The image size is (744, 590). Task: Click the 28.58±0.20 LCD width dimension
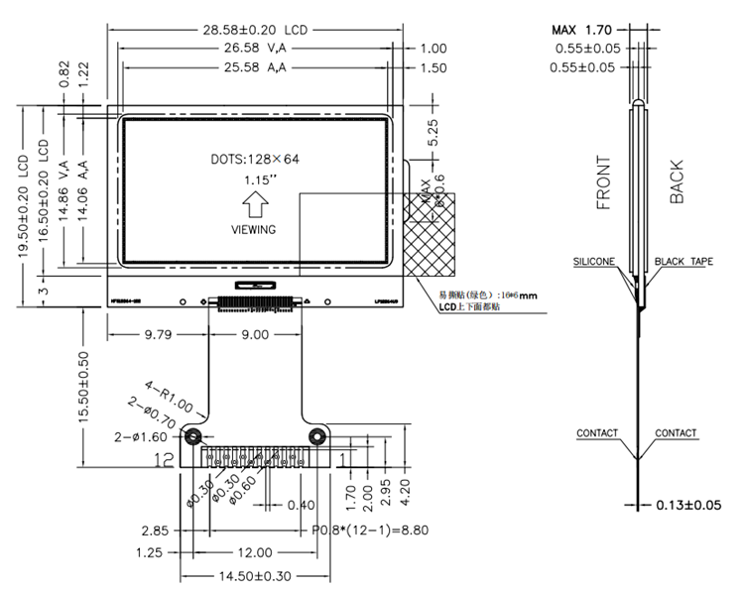pyautogui.click(x=255, y=29)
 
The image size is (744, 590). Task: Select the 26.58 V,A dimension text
pyautogui.click(x=254, y=48)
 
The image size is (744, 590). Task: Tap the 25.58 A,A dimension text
pyautogui.click(x=255, y=67)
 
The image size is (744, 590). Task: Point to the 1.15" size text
pyautogui.click(x=255, y=181)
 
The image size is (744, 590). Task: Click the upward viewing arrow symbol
pyautogui.click(x=255, y=205)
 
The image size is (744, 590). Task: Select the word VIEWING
pyautogui.click(x=254, y=229)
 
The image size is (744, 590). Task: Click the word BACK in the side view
pyautogui.click(x=677, y=182)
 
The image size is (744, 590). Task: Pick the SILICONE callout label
pyautogui.click(x=593, y=262)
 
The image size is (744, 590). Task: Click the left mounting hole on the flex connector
pyautogui.click(x=193, y=437)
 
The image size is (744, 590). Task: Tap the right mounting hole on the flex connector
pyautogui.click(x=317, y=437)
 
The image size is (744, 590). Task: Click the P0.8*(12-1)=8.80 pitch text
pyautogui.click(x=370, y=531)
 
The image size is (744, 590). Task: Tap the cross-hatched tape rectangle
pyautogui.click(x=430, y=233)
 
